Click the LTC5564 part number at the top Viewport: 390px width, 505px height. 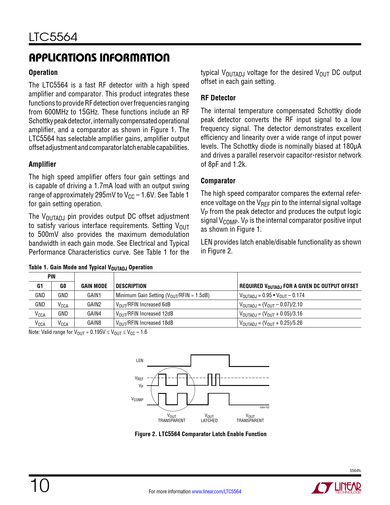pyautogui.click(x=53, y=37)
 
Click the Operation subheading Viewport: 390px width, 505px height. pyautogui.click(x=43, y=73)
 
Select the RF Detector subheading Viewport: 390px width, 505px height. pyautogui.click(x=218, y=98)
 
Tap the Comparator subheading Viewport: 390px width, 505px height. pyautogui.click(x=218, y=181)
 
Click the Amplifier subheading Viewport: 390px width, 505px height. pyautogui.click(x=43, y=164)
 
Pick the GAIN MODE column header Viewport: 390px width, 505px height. pyautogui.click(x=94, y=286)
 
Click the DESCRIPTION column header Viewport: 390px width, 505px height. pyautogui.click(x=131, y=286)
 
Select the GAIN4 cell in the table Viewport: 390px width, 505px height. pyautogui.click(x=94, y=314)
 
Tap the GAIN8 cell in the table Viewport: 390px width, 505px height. pyautogui.click(x=94, y=323)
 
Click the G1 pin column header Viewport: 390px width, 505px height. pyautogui.click(x=40, y=286)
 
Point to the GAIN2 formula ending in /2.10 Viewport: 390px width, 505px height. pyautogui.click(x=271, y=305)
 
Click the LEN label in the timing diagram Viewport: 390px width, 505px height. pyautogui.click(x=139, y=361)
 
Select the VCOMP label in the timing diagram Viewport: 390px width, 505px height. pyautogui.click(x=137, y=399)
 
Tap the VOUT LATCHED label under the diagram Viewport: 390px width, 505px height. pyautogui.click(x=209, y=418)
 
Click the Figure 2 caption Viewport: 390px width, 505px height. pyautogui.click(x=201, y=434)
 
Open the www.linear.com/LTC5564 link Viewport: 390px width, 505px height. pyautogui.click(x=216, y=492)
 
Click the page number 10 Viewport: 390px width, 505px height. pyautogui.click(x=39, y=486)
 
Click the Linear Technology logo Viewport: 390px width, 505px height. pyautogui.click(x=336, y=488)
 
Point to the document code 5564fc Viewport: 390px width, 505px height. pyautogui.click(x=355, y=471)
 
